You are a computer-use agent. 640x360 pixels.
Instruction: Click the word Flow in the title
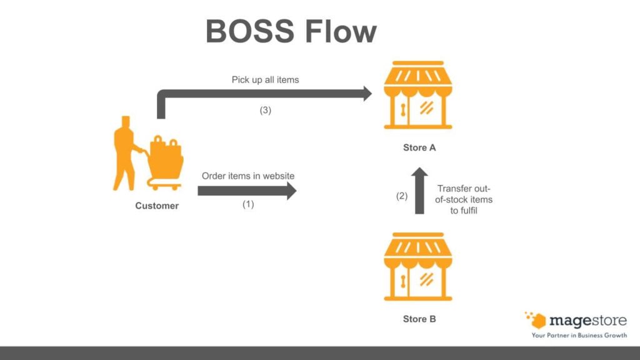(341, 31)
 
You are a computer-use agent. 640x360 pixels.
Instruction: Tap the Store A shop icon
(418, 95)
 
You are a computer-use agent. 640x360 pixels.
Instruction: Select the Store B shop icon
(418, 267)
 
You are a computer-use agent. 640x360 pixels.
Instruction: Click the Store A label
(419, 148)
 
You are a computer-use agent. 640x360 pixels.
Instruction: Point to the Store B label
(419, 319)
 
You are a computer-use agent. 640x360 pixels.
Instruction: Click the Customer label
(157, 206)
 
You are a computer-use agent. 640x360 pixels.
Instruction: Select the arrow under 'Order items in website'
(246, 191)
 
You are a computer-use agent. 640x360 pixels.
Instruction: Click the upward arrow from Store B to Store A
(419, 191)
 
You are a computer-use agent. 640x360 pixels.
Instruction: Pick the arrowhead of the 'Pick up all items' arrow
(364, 94)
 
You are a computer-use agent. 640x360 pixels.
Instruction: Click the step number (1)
(248, 204)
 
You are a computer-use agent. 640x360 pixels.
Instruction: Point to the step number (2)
(402, 196)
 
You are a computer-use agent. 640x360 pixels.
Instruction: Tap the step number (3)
(266, 110)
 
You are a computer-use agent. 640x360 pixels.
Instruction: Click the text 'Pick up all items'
(266, 80)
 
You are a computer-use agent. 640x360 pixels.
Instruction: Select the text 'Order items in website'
(247, 176)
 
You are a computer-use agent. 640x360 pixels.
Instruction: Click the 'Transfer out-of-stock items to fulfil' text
(464, 199)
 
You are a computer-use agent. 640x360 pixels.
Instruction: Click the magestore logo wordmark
(587, 321)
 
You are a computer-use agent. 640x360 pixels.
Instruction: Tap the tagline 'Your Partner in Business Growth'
(579, 336)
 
